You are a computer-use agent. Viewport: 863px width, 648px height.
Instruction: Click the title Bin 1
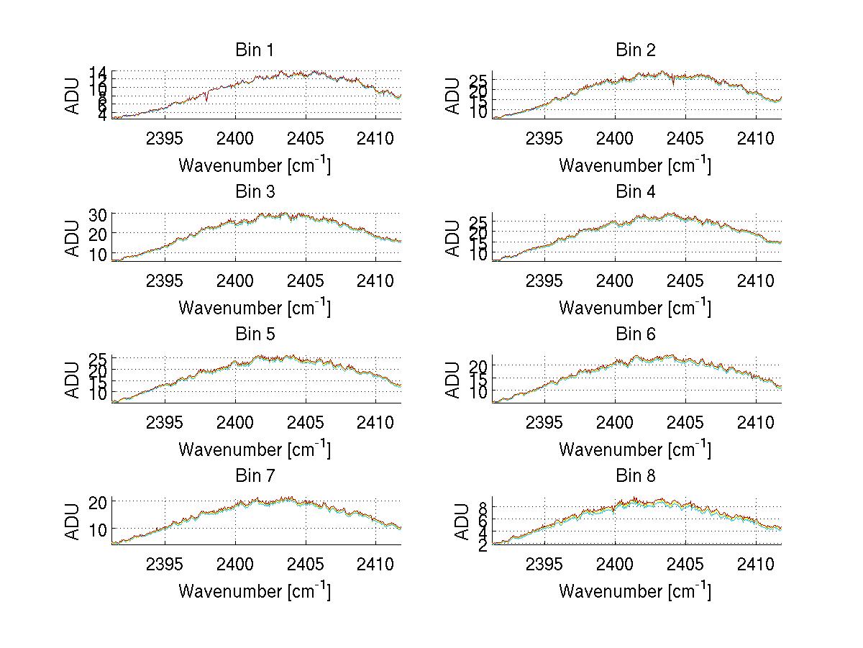(255, 50)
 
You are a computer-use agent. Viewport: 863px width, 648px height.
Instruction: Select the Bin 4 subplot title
(636, 192)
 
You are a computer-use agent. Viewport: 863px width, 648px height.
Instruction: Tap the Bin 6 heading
(636, 334)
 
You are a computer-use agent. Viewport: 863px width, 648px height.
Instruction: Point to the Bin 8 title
(636, 476)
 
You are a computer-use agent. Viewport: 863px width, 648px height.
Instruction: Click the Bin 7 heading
(255, 476)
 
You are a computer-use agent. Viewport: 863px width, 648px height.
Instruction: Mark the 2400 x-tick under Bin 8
(615, 563)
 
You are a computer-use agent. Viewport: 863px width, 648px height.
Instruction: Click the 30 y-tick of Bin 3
(98, 214)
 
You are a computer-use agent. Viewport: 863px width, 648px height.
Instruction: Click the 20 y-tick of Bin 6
(478, 366)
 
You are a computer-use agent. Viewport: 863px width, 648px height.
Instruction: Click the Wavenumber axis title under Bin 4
(635, 308)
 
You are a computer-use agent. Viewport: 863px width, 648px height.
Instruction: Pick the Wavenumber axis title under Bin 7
(255, 592)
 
